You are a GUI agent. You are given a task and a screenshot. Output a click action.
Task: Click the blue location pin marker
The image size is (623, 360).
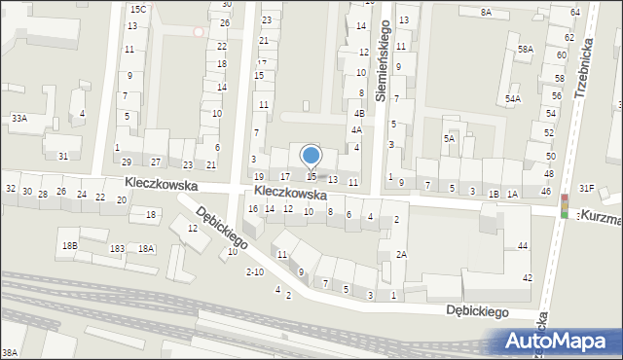click(x=311, y=156)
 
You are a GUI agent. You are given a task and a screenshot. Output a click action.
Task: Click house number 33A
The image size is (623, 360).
click(x=18, y=118)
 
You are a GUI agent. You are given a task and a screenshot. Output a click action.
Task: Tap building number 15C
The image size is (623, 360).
click(x=138, y=9)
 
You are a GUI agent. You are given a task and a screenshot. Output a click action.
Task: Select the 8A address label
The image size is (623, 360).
click(x=486, y=12)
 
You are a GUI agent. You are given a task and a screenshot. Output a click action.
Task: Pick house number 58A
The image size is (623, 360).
click(x=526, y=49)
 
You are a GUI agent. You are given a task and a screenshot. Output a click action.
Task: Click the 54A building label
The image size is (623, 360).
click(x=513, y=99)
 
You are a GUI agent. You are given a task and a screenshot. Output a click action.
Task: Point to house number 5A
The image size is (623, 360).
click(x=450, y=139)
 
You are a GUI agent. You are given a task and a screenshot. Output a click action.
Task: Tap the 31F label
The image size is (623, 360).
click(x=586, y=188)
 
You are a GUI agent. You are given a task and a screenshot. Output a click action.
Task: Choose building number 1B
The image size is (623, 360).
click(x=494, y=195)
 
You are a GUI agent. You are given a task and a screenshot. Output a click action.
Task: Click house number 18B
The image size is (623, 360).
click(x=69, y=246)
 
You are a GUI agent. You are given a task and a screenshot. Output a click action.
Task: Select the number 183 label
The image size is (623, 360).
click(x=117, y=249)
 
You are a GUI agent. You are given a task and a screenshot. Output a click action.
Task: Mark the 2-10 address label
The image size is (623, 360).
click(x=255, y=271)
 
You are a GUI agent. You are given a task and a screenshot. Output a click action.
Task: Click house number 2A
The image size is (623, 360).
click(x=400, y=254)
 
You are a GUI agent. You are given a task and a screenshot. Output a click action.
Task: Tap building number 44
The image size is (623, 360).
click(x=523, y=246)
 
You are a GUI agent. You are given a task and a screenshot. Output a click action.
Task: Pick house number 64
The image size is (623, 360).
click(x=575, y=12)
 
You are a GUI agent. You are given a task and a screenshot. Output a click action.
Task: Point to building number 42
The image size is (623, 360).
click(x=528, y=278)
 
